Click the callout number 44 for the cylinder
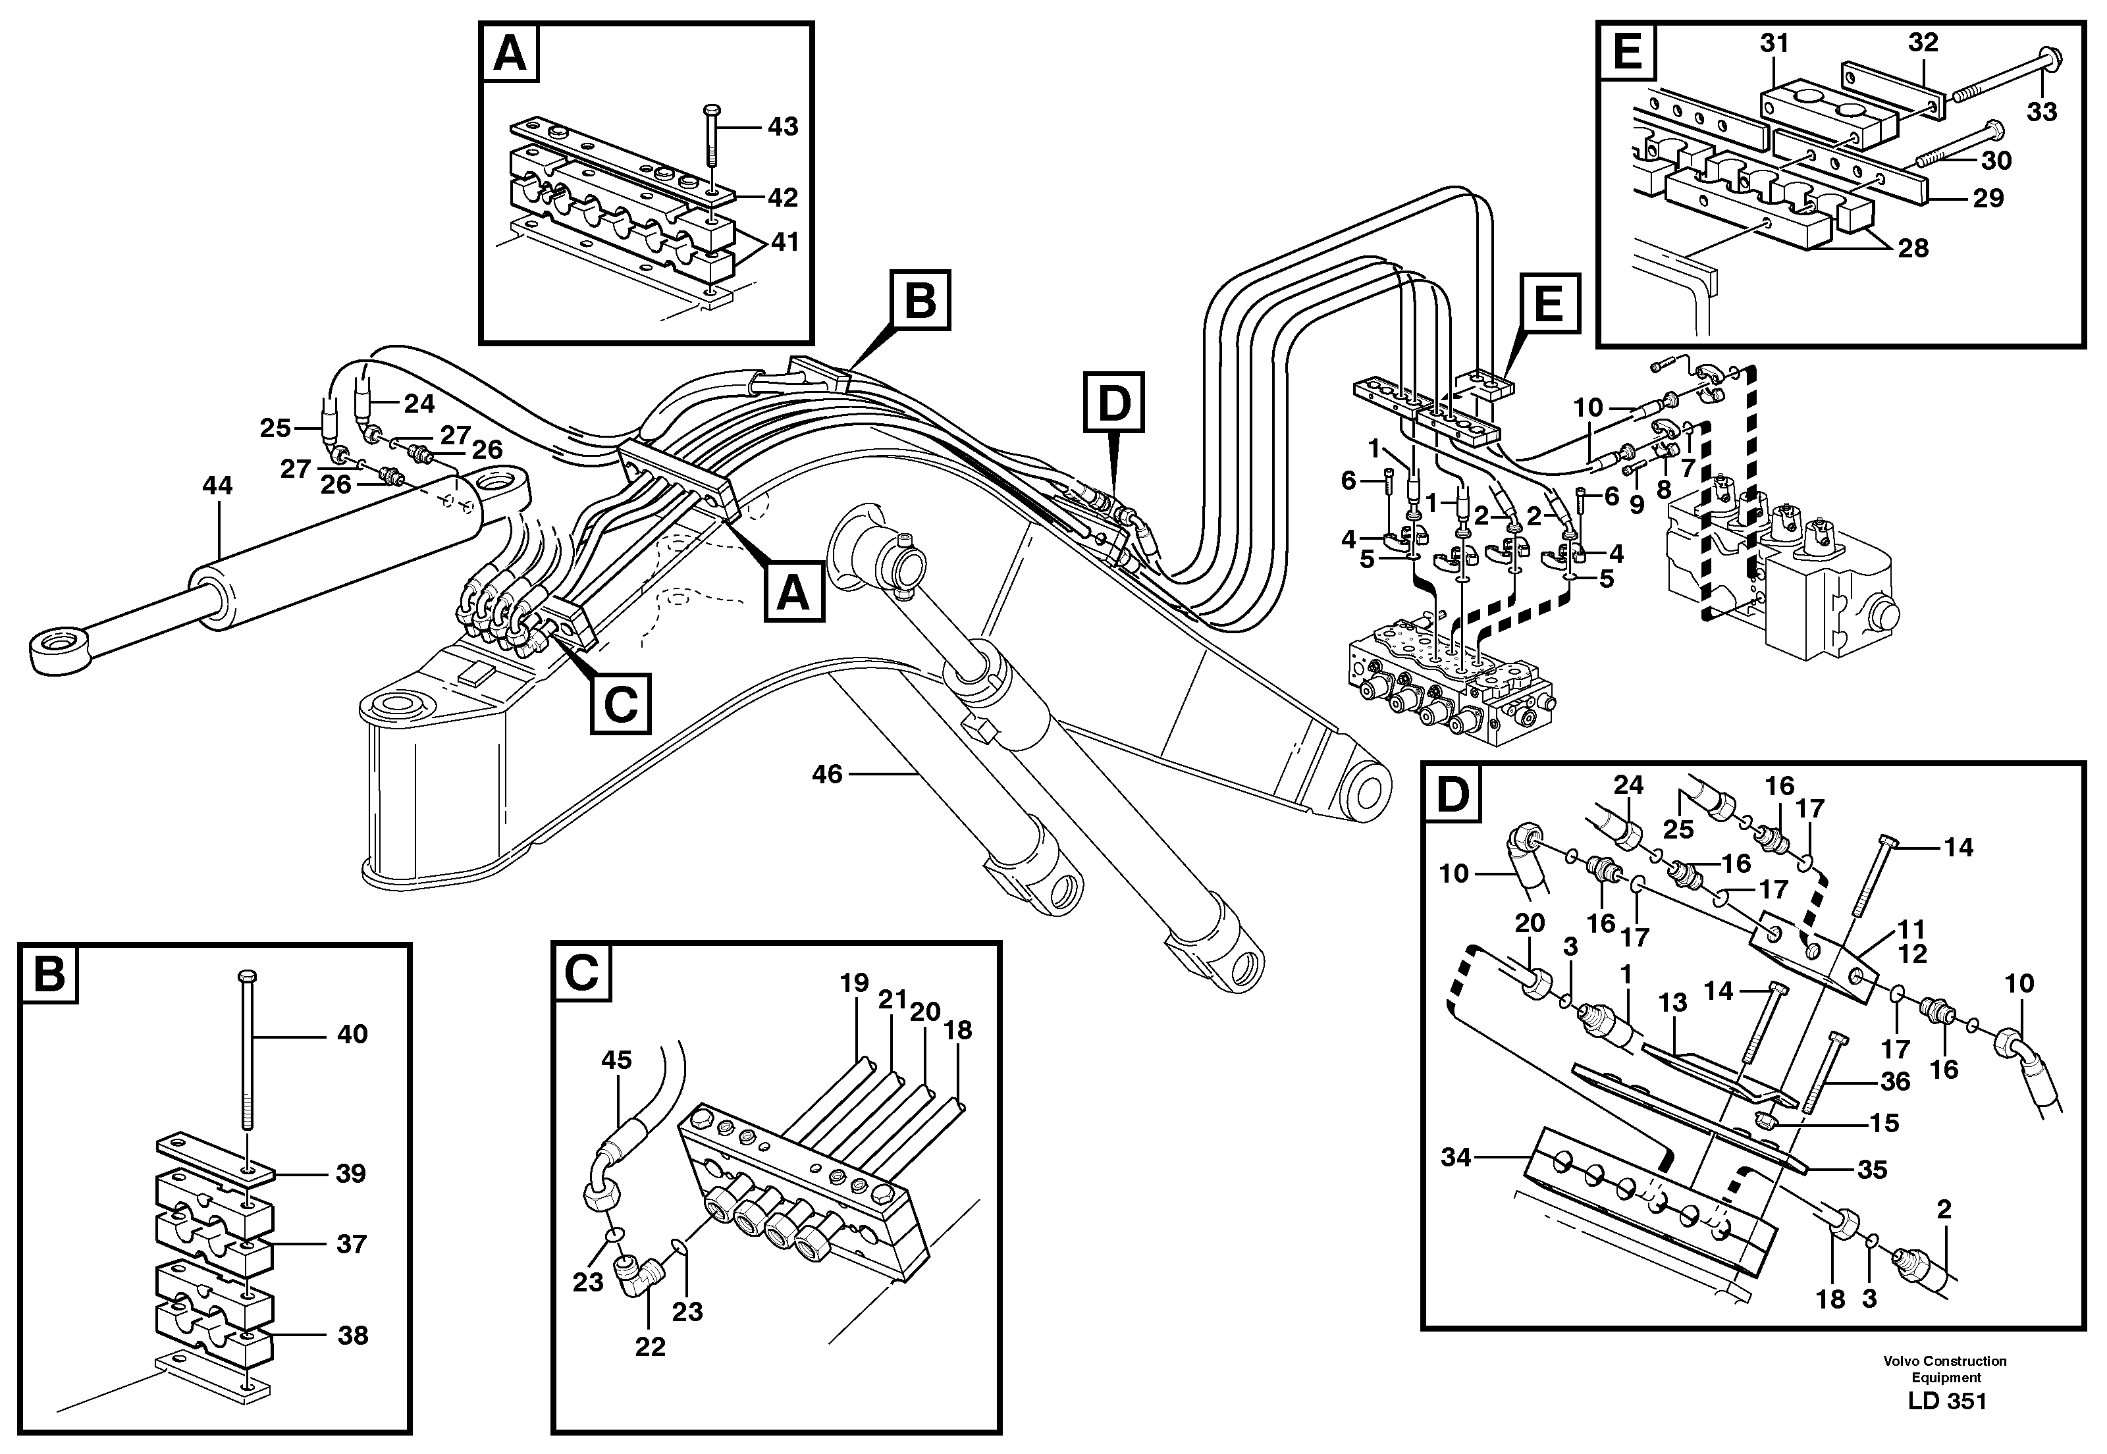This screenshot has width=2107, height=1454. [217, 486]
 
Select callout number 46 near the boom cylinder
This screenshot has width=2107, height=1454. [826, 774]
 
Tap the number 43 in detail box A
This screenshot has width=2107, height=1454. [782, 126]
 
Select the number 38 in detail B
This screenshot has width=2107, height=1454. [352, 1336]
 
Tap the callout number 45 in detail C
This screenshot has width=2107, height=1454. [616, 1060]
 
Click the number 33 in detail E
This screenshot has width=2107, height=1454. [2041, 112]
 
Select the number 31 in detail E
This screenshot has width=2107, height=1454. [1773, 43]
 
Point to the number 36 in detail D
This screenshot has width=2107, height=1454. [1895, 1081]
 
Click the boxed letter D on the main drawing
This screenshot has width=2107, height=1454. [1113, 402]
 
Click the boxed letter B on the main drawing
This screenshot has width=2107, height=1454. [920, 299]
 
